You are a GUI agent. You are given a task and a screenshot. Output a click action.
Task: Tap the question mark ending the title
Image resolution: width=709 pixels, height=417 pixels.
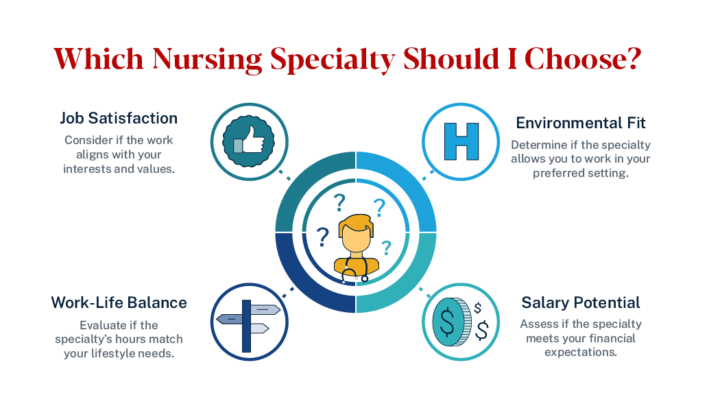point(632,59)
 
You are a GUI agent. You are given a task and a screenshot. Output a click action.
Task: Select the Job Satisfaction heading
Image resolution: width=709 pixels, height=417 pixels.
point(119,118)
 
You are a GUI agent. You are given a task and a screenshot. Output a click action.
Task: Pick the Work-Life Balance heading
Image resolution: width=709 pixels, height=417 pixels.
point(119,302)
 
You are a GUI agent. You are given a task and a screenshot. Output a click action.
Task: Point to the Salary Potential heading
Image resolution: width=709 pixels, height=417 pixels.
point(581,302)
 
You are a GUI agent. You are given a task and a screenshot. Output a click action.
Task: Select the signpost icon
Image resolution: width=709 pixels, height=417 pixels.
point(246,320)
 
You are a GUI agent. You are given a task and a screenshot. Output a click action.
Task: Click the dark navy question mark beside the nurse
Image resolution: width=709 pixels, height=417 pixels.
point(322,237)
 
